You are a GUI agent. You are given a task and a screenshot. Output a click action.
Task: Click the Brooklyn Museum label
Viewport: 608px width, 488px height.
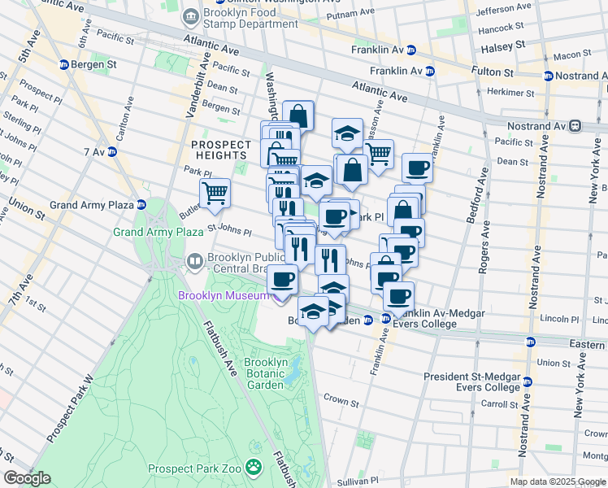click(223, 295)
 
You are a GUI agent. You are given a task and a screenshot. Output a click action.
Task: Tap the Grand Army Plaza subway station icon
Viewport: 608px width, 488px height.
click(141, 205)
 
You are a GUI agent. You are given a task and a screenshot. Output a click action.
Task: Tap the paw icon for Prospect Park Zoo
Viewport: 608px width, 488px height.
click(254, 467)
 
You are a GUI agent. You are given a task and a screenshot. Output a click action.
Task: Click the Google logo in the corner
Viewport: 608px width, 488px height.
click(27, 478)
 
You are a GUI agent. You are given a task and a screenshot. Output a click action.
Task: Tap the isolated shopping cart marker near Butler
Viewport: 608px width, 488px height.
click(215, 192)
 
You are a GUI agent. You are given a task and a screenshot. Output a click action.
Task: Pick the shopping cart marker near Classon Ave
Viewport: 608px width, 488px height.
click(379, 152)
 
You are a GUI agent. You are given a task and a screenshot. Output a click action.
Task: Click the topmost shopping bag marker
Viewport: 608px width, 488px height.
click(298, 114)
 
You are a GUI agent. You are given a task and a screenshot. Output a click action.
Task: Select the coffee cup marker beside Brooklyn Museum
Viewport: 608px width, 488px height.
click(282, 278)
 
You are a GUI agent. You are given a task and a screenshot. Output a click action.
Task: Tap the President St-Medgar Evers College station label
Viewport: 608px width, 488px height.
click(471, 381)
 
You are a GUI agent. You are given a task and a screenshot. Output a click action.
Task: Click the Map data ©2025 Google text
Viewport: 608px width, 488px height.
click(557, 481)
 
